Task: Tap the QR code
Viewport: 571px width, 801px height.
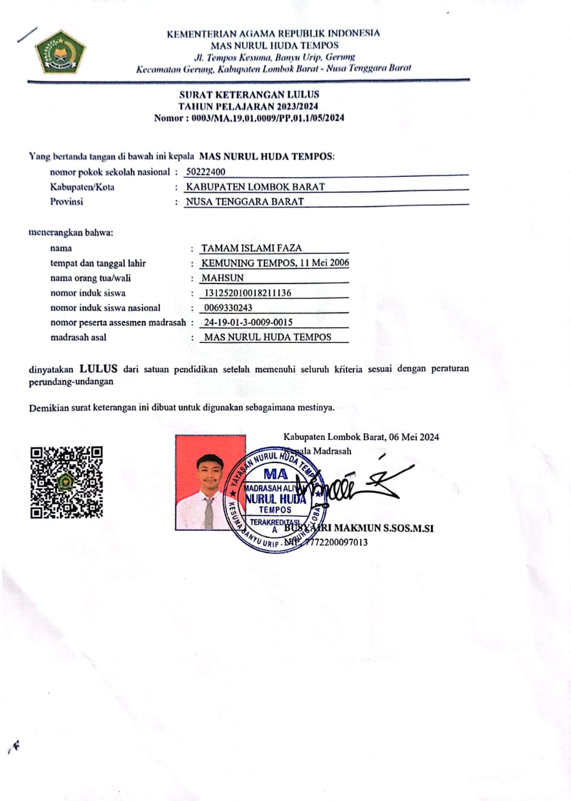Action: [x=66, y=482]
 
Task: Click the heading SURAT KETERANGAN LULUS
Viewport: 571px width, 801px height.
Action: [x=249, y=94]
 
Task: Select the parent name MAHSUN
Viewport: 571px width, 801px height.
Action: [x=223, y=278]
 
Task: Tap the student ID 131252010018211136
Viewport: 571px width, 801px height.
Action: [x=248, y=293]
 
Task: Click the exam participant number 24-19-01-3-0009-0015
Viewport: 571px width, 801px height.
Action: [x=249, y=322]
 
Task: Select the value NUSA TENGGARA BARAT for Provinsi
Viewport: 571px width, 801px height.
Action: [x=245, y=202]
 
